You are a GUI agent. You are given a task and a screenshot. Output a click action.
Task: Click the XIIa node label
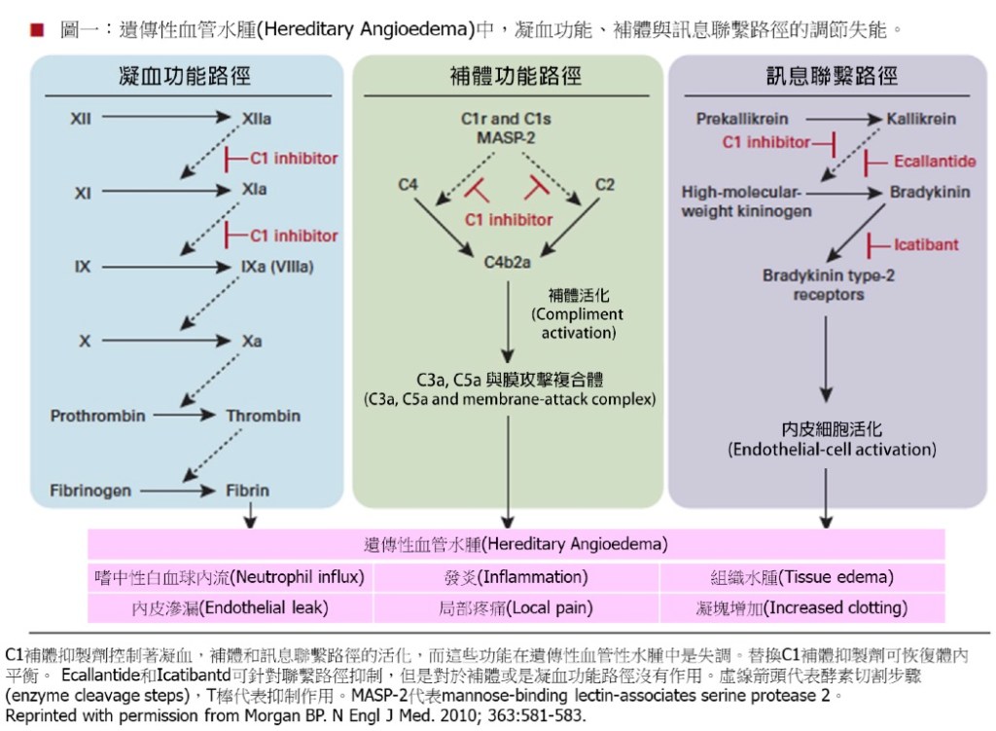click(257, 119)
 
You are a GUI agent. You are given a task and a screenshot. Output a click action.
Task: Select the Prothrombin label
click(98, 416)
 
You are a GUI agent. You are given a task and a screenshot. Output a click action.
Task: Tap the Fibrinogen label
click(90, 491)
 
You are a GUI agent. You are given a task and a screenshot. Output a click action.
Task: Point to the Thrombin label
click(263, 416)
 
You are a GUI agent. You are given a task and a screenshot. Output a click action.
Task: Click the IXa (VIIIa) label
click(277, 266)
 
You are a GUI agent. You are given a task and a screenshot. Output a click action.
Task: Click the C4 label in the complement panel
click(409, 184)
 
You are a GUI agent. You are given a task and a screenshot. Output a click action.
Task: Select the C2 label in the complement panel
click(604, 184)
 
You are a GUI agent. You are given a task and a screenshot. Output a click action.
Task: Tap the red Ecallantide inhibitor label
click(934, 161)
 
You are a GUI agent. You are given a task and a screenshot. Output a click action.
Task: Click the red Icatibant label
click(925, 244)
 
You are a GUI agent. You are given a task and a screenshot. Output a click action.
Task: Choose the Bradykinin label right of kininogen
click(929, 192)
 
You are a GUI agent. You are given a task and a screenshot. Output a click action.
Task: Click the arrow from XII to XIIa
click(166, 119)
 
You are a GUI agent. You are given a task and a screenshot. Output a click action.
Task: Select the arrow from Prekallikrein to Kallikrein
click(839, 119)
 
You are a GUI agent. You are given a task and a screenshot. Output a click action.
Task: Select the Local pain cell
click(516, 608)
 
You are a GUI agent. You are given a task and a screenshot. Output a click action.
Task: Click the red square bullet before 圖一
click(37, 28)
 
